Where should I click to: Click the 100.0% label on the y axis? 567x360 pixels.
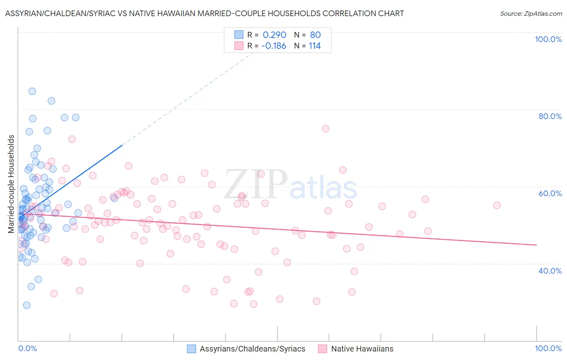coord(548,39)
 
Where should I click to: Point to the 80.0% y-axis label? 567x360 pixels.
coord(550,116)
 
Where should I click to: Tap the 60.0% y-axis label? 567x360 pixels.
coord(550,193)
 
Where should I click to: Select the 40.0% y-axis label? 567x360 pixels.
coord(550,271)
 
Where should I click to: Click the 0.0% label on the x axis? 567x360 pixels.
coord(27,348)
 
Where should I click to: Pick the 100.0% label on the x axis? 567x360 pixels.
coord(548,348)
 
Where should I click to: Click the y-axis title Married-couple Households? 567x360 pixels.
coord(11,184)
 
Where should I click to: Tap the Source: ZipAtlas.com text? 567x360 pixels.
coord(531,13)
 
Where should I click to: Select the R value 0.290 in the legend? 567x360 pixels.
coord(274,35)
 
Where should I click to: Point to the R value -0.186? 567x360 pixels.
coord(273,46)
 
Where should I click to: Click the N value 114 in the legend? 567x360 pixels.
coord(315,46)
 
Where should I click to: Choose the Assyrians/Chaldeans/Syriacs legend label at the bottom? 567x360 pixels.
coord(252,349)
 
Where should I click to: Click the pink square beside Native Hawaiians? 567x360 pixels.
coord(322,349)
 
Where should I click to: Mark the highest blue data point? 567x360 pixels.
coord(32,91)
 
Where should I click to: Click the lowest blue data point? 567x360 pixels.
coord(27,305)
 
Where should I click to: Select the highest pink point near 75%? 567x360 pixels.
coord(325,129)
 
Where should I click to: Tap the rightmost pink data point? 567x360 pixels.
coord(497,205)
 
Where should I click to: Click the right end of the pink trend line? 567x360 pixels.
coord(536,245)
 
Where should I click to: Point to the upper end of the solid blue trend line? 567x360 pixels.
coord(122,145)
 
